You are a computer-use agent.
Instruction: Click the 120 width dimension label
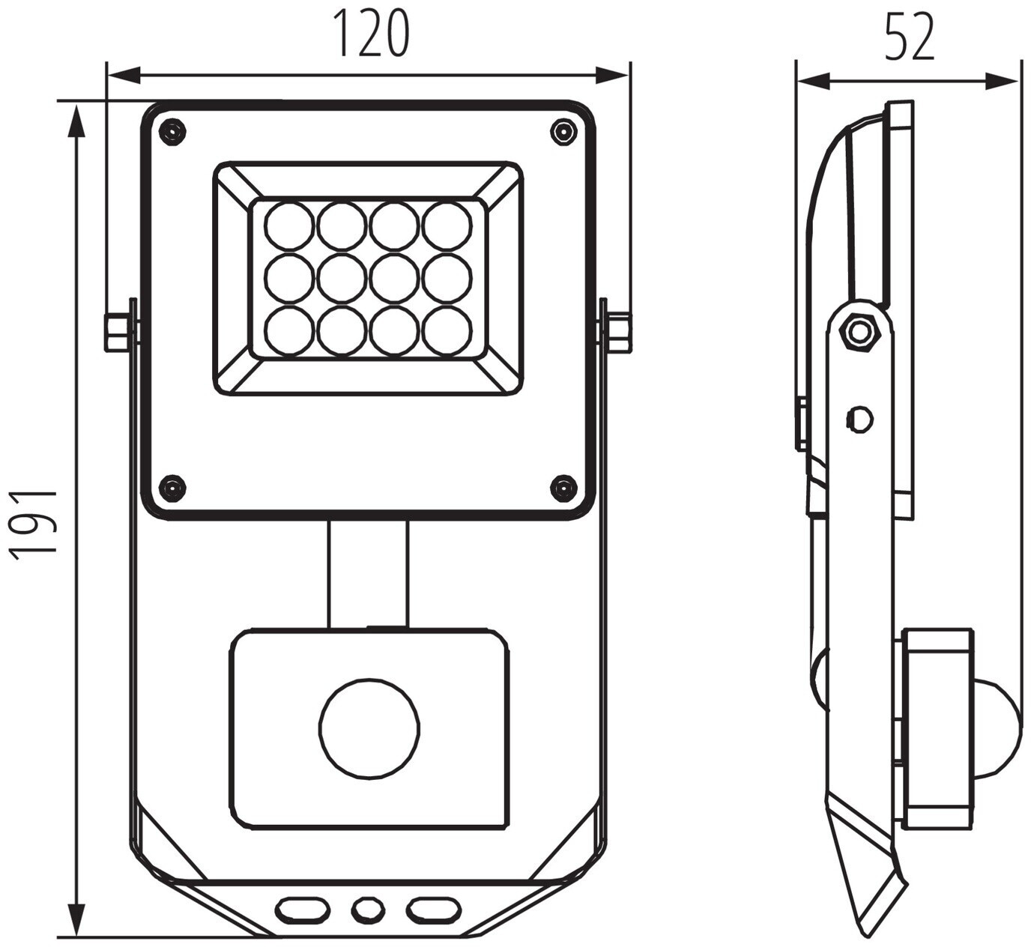pos(371,34)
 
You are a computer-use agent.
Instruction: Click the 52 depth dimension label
pos(910,37)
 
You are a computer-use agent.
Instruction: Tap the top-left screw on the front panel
pos(172,133)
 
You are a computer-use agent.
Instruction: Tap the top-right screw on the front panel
pos(563,133)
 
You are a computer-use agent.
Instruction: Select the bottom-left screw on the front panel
pos(172,488)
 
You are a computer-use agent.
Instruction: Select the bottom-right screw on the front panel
pos(563,488)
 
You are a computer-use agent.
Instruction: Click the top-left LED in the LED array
pos(289,226)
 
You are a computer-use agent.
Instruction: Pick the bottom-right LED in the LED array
pos(447,330)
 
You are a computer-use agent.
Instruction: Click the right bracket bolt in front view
pos(618,333)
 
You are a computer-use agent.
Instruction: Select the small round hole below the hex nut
pos(859,419)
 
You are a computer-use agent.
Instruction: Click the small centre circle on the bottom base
pos(368,910)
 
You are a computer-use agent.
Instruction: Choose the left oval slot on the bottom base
pos(303,910)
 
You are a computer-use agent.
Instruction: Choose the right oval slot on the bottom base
pos(433,910)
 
